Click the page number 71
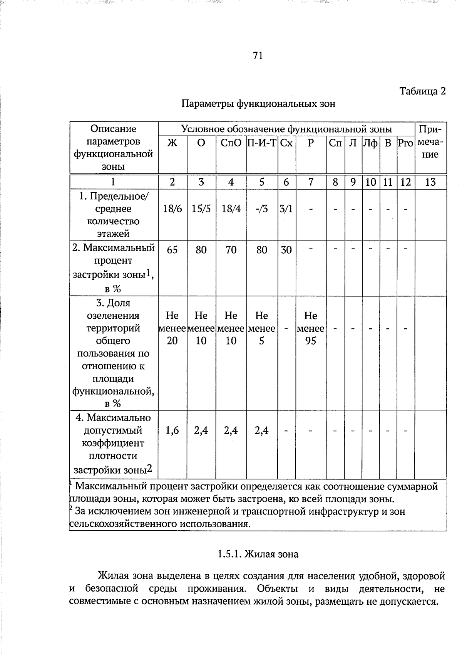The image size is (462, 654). click(258, 56)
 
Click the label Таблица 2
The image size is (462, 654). click(422, 91)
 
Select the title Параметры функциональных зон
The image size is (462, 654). click(258, 104)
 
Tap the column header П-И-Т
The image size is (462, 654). click(262, 143)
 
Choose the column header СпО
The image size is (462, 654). click(231, 143)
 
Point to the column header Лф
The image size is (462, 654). click(370, 143)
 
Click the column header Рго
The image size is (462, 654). click(405, 143)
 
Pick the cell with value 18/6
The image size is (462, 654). click(172, 209)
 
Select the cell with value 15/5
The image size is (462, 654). click(201, 209)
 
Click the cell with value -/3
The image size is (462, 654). click(262, 209)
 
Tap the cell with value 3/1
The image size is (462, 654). click(286, 209)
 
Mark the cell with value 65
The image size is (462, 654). click(172, 250)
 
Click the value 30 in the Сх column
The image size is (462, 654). click(286, 250)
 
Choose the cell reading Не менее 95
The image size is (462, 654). click(310, 328)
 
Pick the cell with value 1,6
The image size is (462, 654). click(172, 430)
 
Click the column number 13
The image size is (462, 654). click(430, 182)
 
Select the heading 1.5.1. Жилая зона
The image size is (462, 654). click(258, 554)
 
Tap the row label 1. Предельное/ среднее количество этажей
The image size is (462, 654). click(113, 215)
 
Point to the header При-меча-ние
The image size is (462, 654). click(430, 142)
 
